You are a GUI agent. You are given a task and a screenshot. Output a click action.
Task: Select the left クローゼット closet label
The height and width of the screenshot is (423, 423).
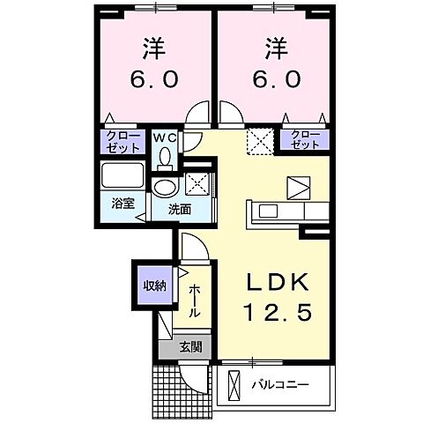click(116, 140)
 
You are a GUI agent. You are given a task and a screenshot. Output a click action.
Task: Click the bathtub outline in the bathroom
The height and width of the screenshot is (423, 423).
click(122, 175)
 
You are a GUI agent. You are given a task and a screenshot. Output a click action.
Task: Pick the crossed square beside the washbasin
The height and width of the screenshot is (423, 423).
click(197, 185)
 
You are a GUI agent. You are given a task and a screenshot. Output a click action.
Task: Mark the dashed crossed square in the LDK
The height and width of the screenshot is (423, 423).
click(258, 140)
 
